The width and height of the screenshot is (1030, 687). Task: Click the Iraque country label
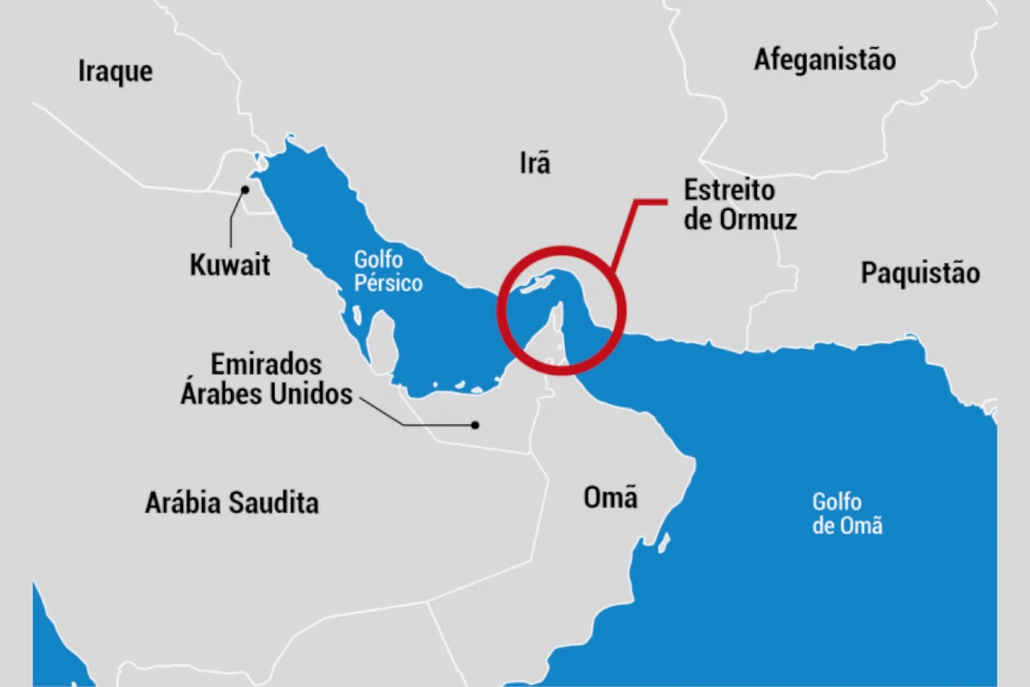click(115, 71)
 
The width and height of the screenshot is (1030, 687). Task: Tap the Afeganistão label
click(825, 59)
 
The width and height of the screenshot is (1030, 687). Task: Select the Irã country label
click(535, 162)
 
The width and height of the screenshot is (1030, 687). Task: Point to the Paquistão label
click(920, 273)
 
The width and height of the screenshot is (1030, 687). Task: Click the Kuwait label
click(230, 264)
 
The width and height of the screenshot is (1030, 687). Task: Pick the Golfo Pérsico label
click(388, 271)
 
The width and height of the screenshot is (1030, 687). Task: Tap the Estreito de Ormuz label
click(741, 204)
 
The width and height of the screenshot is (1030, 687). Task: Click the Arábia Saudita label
click(232, 502)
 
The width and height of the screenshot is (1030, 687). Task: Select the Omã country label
click(610, 496)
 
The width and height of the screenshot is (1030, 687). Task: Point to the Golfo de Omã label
click(847, 513)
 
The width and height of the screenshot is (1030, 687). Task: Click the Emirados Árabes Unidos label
click(266, 378)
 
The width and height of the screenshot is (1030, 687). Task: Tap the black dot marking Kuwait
click(245, 189)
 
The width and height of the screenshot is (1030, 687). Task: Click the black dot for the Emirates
click(473, 424)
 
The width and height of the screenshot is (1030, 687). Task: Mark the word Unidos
click(310, 393)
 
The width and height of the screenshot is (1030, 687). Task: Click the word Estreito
click(730, 190)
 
